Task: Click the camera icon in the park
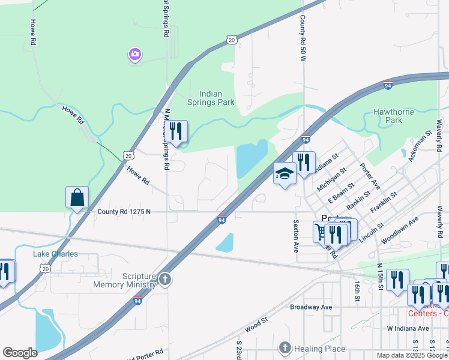click(x=134, y=55)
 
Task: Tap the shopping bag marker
click(x=77, y=197)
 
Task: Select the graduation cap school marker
click(x=285, y=174)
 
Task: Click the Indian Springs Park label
click(x=218, y=98)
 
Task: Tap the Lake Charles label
click(x=55, y=254)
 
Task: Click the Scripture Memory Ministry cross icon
click(x=165, y=280)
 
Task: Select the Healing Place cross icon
click(x=285, y=348)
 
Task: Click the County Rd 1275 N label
click(x=124, y=211)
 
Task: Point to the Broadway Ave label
click(x=311, y=307)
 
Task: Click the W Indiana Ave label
click(x=408, y=328)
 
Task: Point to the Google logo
click(x=20, y=353)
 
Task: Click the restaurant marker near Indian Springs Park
click(x=176, y=131)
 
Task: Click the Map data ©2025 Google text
click(x=412, y=355)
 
